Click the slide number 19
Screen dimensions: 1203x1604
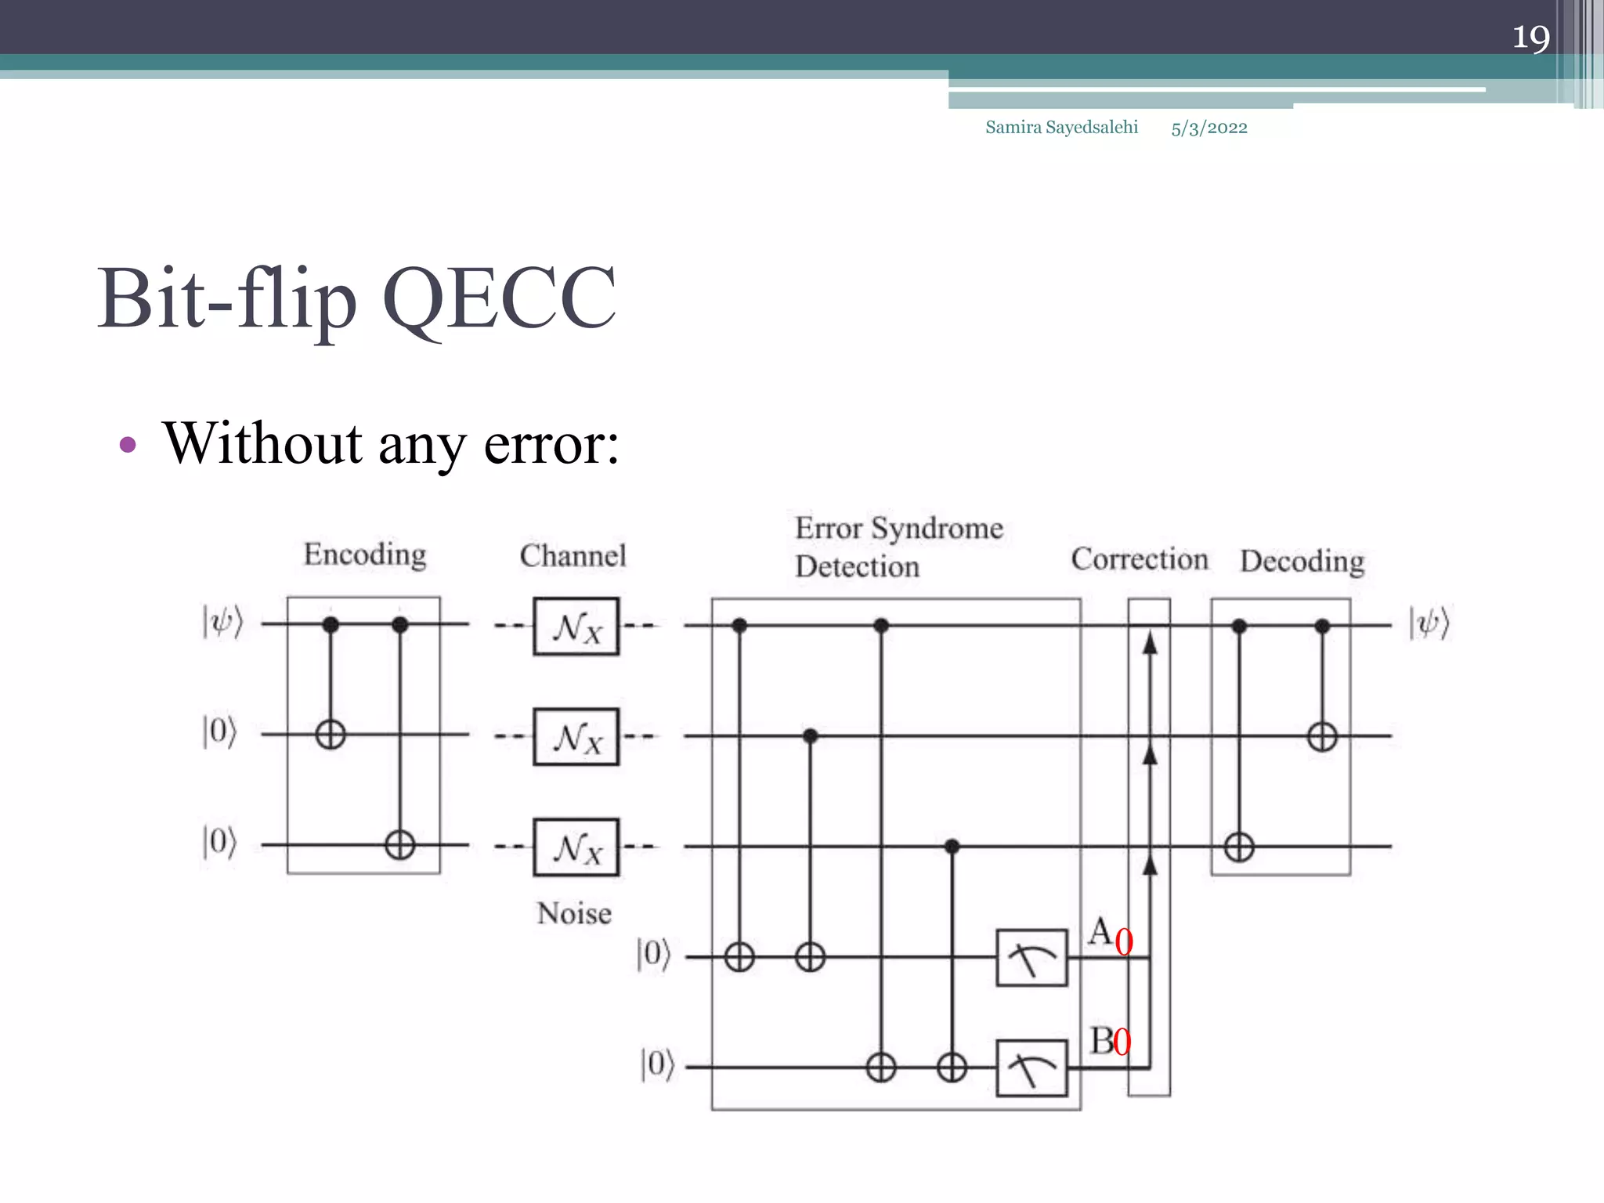(x=1530, y=37)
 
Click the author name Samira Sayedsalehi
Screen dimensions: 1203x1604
(x=1061, y=127)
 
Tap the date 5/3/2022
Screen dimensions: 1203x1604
(x=1208, y=128)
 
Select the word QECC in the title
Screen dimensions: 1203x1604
(x=499, y=299)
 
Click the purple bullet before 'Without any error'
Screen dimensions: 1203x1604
(x=128, y=446)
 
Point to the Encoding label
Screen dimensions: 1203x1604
(x=365, y=555)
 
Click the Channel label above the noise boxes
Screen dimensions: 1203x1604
(x=573, y=556)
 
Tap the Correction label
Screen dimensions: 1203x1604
(x=1140, y=559)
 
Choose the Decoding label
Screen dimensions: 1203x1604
(x=1302, y=562)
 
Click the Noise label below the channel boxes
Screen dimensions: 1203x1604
(x=574, y=913)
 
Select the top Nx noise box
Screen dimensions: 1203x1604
(x=576, y=627)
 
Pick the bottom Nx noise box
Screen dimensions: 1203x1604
(x=576, y=847)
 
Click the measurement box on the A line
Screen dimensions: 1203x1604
(x=1031, y=957)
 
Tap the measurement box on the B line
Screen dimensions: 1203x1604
(x=1031, y=1068)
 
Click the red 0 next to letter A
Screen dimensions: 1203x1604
(x=1124, y=942)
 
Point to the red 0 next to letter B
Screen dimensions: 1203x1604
(x=1122, y=1042)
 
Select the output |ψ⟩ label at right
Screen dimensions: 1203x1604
(x=1429, y=624)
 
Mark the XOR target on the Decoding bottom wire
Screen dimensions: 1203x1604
(x=1239, y=847)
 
